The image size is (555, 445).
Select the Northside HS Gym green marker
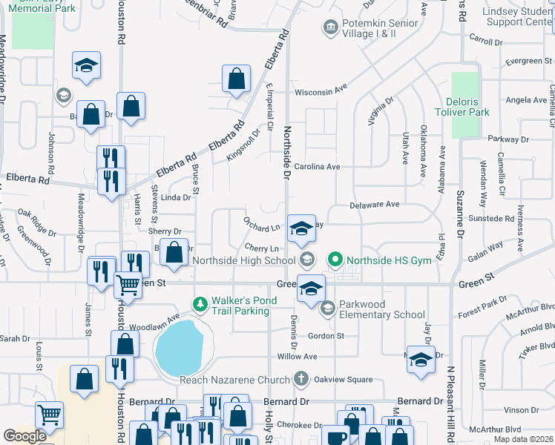click(335, 260)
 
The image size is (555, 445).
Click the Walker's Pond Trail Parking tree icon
click(199, 304)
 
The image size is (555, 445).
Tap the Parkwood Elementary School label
click(382, 309)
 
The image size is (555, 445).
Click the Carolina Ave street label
click(316, 167)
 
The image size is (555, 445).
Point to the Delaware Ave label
click(375, 204)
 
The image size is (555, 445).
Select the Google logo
click(24, 436)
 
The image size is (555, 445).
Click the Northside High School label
click(244, 260)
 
